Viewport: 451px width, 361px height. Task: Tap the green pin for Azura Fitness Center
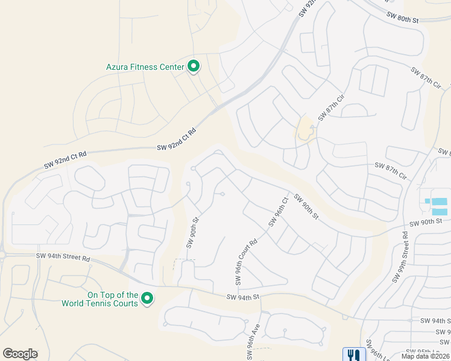click(194, 66)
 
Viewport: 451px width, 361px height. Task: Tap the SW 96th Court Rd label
click(246, 262)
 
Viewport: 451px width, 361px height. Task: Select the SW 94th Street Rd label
click(63, 257)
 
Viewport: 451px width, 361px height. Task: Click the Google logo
click(20, 354)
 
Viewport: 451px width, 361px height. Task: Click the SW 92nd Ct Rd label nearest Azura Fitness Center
click(177, 139)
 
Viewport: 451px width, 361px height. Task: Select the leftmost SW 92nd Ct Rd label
click(65, 159)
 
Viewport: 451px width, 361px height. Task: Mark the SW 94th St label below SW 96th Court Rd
click(242, 297)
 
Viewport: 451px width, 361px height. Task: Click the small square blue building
click(427, 201)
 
